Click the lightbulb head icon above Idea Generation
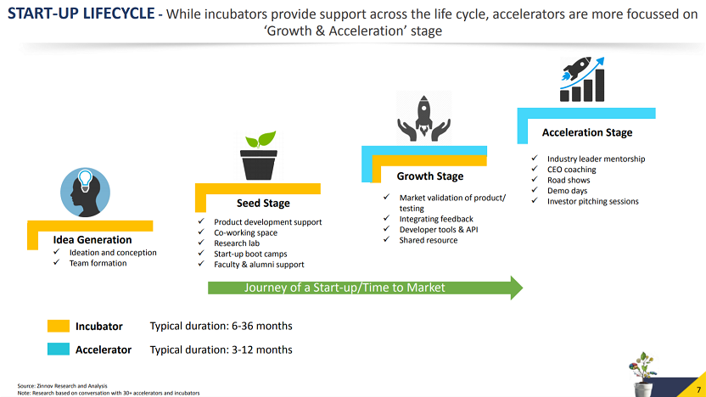coord(85,193)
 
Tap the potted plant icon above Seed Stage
coord(259,156)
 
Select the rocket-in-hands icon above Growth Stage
coord(423,119)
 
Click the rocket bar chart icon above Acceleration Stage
coord(582,79)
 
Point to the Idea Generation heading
coord(92,240)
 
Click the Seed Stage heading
coord(263,203)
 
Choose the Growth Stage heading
coord(430,176)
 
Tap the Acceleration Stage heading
coord(587,132)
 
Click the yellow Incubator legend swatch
coord(59,326)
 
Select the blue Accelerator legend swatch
coord(59,349)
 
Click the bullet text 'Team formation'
coord(98,263)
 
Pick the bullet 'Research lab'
coord(237,243)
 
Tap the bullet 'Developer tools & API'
coord(439,230)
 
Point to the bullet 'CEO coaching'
coord(571,170)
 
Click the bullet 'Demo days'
coord(568,191)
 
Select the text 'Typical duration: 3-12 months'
coord(221,349)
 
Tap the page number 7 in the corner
coord(699,390)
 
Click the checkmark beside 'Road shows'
coord(535,179)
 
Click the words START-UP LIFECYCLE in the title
coord(81,14)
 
